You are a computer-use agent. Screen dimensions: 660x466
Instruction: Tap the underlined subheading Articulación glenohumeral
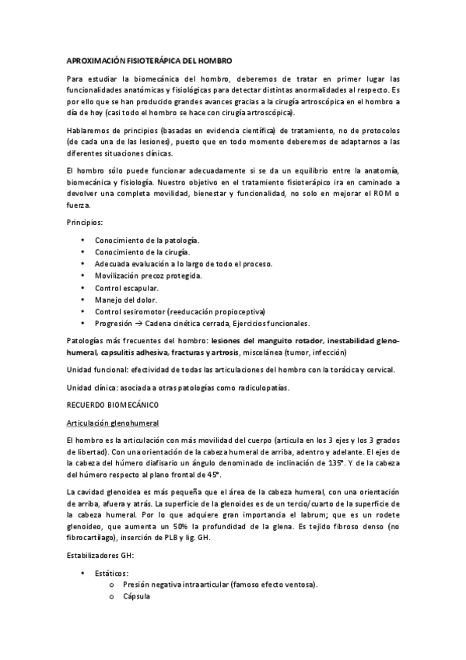[x=112, y=423]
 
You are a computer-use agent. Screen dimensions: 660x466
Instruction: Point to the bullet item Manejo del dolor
[x=125, y=300]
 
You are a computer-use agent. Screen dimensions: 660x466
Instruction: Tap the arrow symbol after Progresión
[x=137, y=324]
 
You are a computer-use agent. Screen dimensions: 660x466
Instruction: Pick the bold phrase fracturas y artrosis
[x=214, y=351]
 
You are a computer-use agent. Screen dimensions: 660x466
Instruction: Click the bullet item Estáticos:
[x=113, y=573]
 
